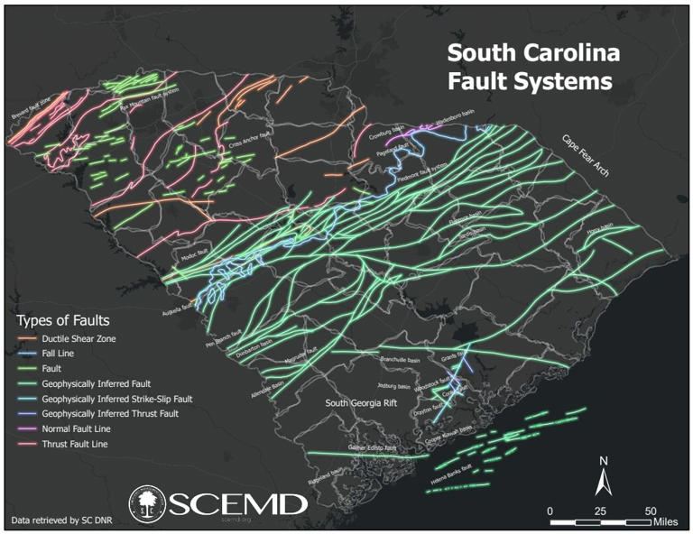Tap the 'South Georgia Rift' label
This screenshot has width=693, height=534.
(362, 403)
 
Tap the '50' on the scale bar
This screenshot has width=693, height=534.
(648, 511)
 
